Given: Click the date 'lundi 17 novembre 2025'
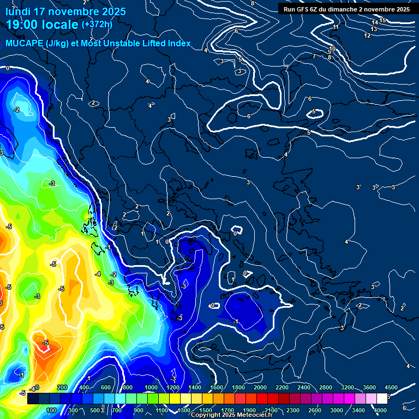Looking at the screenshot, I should (x=66, y=11).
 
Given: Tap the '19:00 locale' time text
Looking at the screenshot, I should (x=42, y=24).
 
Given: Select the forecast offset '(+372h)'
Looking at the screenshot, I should (x=97, y=24).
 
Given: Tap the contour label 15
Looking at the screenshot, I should (x=382, y=20).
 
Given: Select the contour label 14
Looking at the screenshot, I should (x=375, y=23).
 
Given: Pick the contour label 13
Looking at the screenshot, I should (x=374, y=29).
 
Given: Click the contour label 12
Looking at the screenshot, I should (x=367, y=35).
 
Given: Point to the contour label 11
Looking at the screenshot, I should (x=336, y=27).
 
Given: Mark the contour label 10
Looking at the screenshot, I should (x=332, y=49).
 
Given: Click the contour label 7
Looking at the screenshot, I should (x=314, y=56).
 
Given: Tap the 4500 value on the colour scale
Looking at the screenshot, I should (x=391, y=387).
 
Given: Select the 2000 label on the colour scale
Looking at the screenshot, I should (x=260, y=387).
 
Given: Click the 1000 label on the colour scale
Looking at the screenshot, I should (x=151, y=387).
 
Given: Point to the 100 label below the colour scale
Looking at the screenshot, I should (x=51, y=410).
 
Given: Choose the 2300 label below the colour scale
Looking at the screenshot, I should (x=293, y=410).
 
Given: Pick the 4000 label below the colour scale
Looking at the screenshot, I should (x=380, y=410).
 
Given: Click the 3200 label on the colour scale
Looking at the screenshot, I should (x=348, y=387).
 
